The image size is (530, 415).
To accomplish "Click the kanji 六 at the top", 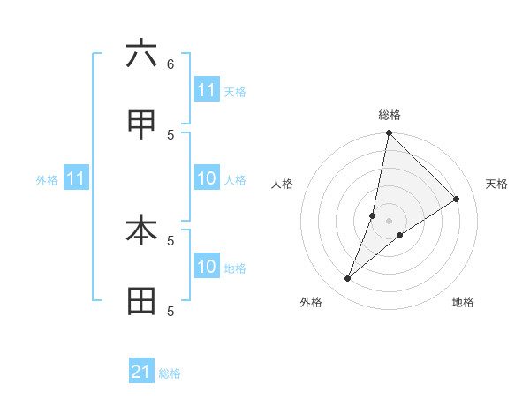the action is point(141,54).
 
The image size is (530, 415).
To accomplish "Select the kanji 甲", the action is point(141,125).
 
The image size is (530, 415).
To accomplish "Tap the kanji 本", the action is point(141,230).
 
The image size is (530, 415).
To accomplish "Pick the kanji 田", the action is point(141,302).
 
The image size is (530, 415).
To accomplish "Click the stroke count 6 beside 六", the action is point(170,64).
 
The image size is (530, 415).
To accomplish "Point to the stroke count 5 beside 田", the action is point(170,311).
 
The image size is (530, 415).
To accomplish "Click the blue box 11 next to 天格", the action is point(207,91).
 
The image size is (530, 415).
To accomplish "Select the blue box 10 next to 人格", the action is point(207,179).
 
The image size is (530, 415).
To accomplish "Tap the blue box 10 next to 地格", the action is point(207,268).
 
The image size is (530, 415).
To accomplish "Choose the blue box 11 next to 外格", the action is point(76,179).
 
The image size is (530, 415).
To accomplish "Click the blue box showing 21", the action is point(141,373).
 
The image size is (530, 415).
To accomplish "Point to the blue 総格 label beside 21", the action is point(170,373).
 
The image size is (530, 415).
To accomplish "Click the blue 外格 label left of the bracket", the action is point(47,180).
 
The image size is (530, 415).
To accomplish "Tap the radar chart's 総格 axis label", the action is point(390,115).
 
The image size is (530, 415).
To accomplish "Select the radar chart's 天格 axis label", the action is point(497,184).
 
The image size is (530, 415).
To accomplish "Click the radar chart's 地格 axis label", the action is point(463,302).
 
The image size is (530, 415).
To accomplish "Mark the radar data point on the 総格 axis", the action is point(389,133).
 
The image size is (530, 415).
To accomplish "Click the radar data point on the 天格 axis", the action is point(457,199).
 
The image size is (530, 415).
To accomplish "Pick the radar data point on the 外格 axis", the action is point(348,279).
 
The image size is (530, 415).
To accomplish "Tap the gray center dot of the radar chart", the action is point(390,221).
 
